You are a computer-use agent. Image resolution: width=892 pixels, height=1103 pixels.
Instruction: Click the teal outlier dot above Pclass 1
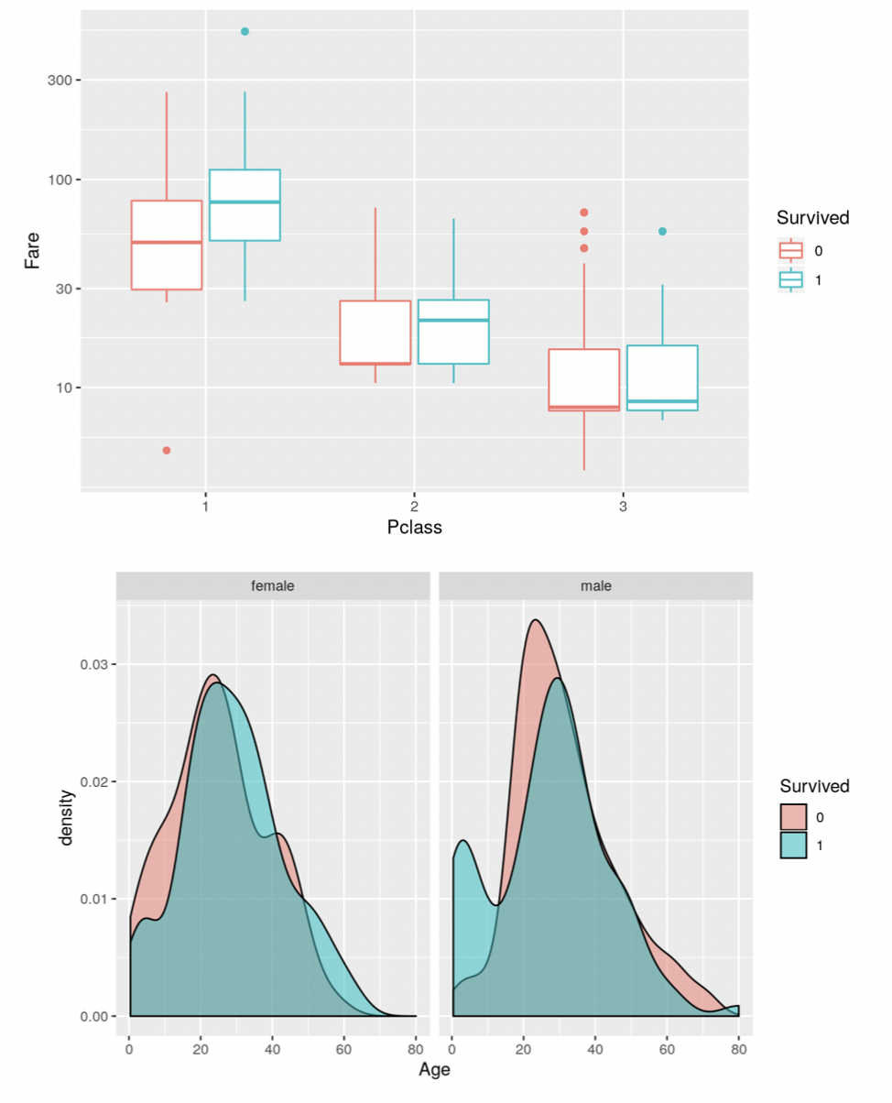click(x=245, y=32)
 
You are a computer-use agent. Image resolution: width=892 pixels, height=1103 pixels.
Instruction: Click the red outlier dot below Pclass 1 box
click(x=167, y=450)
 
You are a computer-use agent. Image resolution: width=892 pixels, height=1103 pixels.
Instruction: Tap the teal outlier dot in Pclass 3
click(x=662, y=232)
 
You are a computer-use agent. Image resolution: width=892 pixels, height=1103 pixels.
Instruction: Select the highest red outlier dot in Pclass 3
click(x=584, y=213)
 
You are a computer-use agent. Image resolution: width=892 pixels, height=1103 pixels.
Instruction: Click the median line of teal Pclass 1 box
click(x=245, y=202)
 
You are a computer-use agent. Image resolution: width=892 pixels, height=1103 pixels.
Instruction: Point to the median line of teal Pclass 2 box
click(x=453, y=320)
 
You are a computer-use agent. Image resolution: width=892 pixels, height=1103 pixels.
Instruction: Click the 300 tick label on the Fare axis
click(x=60, y=81)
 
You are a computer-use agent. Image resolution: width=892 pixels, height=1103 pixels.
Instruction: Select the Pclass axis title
click(x=415, y=528)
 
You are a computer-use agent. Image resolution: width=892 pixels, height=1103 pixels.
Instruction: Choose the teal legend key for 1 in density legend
click(x=793, y=846)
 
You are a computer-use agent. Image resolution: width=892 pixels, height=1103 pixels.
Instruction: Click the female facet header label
click(x=273, y=586)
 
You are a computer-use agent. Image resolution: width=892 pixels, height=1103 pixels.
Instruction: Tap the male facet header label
click(x=595, y=586)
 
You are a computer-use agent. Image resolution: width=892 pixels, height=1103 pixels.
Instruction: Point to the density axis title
click(x=66, y=815)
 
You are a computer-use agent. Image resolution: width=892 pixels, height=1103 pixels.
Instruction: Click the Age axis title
click(x=434, y=1069)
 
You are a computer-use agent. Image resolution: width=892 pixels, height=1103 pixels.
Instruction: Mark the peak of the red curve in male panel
click(x=535, y=620)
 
